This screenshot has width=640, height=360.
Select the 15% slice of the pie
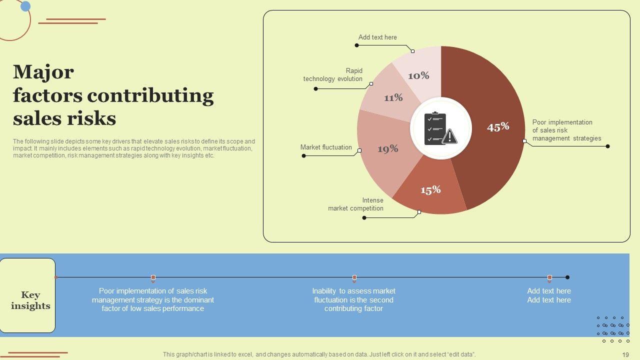430,189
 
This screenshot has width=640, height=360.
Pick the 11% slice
392,97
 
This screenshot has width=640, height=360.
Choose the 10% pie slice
419,75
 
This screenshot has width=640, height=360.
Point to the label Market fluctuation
326,147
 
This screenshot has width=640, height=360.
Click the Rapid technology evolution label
333,75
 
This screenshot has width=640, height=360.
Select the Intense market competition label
356,204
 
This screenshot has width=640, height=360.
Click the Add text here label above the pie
377,37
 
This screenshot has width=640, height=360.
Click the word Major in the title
43,72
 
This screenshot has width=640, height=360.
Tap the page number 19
625,355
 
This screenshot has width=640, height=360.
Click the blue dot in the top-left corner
25,6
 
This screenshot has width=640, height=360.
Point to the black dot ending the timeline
567,277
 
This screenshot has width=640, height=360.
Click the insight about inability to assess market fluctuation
353,300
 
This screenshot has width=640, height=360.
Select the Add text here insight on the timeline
548,295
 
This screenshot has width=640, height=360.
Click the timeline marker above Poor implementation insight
153,277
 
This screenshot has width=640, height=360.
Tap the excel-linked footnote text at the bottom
319,354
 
